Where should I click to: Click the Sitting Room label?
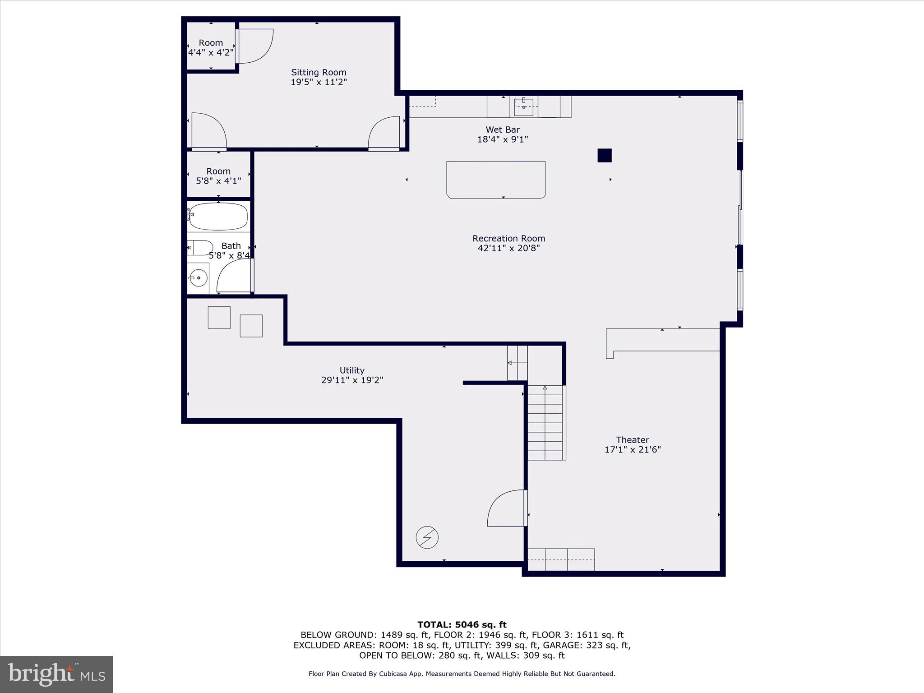click(x=319, y=72)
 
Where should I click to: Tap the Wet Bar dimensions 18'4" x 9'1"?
click(x=503, y=139)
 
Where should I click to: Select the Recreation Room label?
click(x=508, y=238)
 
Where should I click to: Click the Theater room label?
click(x=633, y=439)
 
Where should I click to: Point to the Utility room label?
click(x=352, y=370)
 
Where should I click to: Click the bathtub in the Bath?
click(x=218, y=217)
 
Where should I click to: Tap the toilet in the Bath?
click(x=201, y=248)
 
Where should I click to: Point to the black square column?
click(x=605, y=155)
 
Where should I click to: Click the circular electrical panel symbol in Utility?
click(x=427, y=537)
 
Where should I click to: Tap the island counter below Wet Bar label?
click(x=496, y=180)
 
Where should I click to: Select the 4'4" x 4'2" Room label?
click(x=211, y=47)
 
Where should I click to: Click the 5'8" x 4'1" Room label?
click(x=218, y=176)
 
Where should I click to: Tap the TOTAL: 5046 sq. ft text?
click(x=462, y=624)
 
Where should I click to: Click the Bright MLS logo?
click(x=56, y=674)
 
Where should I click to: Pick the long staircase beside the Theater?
click(x=545, y=422)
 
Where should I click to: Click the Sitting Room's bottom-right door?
click(x=384, y=133)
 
